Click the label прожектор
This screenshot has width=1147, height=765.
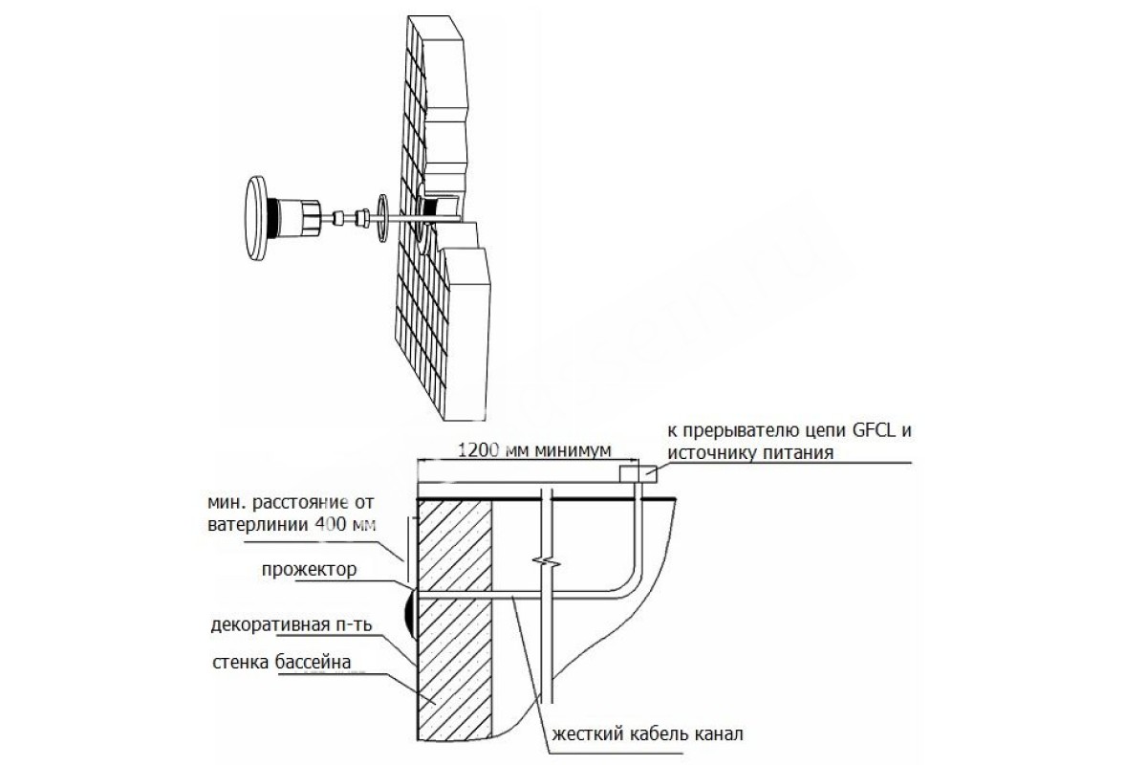coord(309,569)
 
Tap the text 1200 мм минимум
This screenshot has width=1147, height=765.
coord(534,450)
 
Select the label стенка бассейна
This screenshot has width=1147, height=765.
coord(282,662)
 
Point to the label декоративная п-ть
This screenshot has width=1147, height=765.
coord(292,625)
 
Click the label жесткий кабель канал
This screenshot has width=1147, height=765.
coord(647,734)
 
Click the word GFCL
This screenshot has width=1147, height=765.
coord(874,430)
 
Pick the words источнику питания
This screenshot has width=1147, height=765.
coord(750,453)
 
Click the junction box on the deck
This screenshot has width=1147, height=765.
coord(638,474)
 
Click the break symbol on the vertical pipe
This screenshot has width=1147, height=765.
coord(547,562)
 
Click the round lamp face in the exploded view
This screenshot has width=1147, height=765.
coord(256,219)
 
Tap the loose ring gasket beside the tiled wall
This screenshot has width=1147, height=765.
coord(382,218)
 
